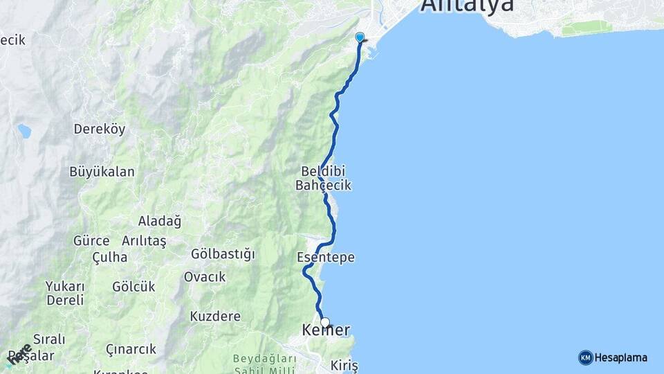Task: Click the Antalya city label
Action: (468, 6)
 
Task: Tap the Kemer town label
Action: (326, 331)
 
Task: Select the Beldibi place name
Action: (322, 170)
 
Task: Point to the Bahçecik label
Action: (323, 186)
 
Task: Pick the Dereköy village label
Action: (99, 129)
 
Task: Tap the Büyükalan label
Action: (102, 172)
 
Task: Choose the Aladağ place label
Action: (159, 222)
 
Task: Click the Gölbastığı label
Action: (223, 254)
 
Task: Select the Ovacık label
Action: (205, 277)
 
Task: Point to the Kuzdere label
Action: (215, 317)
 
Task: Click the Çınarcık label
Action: (131, 349)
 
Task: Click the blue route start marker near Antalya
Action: (360, 37)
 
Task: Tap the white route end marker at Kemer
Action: (325, 322)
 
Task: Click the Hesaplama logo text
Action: (621, 358)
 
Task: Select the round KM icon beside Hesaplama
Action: (585, 357)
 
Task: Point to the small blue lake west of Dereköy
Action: (24, 130)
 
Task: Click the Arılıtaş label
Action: (144, 241)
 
